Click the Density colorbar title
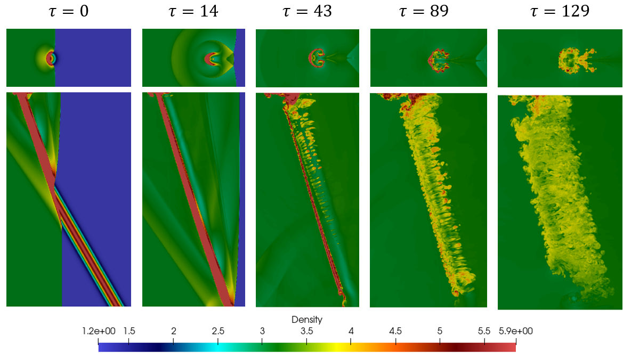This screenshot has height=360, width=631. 306,320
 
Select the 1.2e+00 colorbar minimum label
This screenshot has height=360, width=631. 97,331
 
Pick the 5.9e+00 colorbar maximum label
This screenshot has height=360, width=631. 515,331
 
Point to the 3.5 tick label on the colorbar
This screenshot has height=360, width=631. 306,331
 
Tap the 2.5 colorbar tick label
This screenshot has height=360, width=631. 217,331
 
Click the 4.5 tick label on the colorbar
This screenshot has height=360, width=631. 395,331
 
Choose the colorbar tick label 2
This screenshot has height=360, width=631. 173,331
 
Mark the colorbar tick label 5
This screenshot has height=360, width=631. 440,331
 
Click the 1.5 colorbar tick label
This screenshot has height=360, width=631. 129,331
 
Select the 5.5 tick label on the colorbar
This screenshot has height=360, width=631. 484,331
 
